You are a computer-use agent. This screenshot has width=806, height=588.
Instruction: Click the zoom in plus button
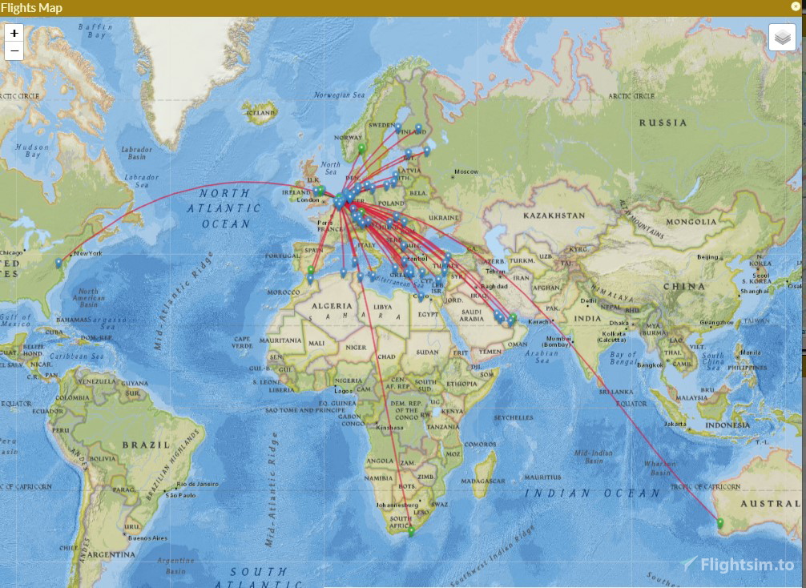tap(14, 34)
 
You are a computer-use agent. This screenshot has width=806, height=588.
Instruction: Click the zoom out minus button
tap(14, 51)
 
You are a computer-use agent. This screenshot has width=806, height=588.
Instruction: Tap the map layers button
tap(782, 38)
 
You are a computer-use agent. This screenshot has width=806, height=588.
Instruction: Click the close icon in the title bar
tap(796, 6)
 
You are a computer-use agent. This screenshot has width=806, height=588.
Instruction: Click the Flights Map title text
tap(31, 8)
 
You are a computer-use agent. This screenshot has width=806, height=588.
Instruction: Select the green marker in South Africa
tap(411, 530)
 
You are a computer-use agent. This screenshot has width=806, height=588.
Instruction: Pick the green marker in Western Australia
tap(720, 523)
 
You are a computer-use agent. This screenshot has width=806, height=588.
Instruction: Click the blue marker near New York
tap(59, 263)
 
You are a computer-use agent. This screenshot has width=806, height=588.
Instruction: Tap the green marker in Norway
tap(361, 147)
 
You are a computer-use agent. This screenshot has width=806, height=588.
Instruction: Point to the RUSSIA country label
tap(663, 123)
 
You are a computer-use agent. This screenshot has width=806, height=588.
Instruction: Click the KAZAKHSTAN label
tap(555, 216)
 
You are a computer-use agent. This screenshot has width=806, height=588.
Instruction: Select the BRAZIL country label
tap(145, 445)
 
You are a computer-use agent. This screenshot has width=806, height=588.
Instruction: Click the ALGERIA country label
tap(331, 306)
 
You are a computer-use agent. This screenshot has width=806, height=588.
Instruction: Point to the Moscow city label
tap(465, 171)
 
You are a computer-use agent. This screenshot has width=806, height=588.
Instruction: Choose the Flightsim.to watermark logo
tap(738, 564)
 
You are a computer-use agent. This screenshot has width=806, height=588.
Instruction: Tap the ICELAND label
tap(262, 113)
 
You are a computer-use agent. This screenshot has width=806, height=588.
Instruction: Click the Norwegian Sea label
tap(340, 95)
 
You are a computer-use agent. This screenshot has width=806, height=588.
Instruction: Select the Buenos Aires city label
tap(149, 538)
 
